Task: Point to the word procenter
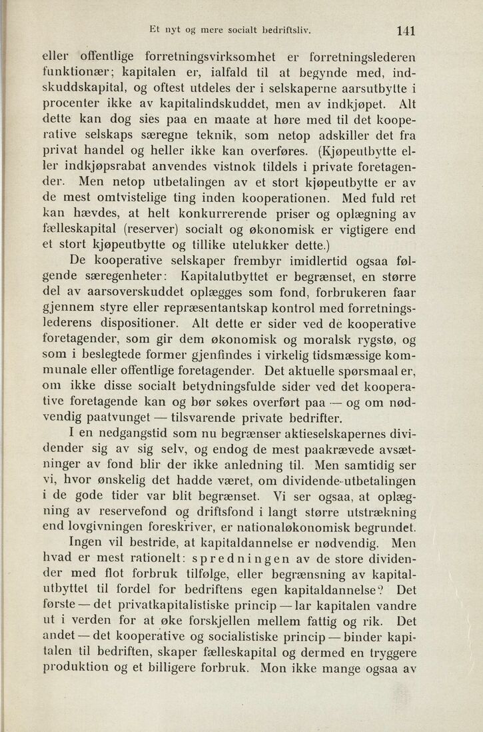[x=73, y=103]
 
